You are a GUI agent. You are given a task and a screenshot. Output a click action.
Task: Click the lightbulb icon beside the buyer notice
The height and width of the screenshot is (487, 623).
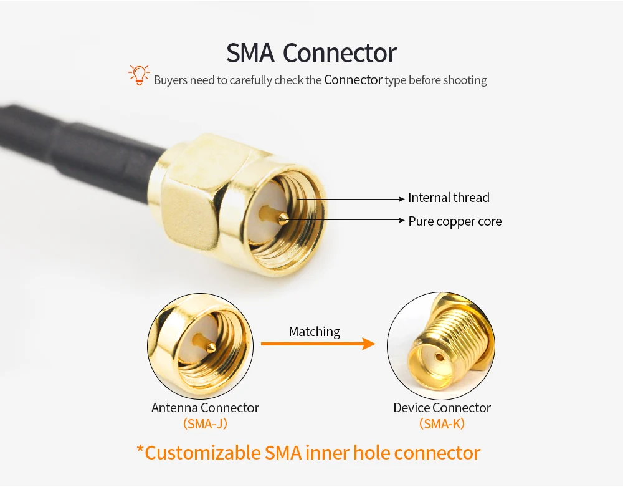(139, 75)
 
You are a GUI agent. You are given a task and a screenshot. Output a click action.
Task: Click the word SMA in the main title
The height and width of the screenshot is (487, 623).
(250, 53)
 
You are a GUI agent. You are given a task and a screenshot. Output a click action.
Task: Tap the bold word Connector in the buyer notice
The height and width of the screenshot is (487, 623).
(353, 80)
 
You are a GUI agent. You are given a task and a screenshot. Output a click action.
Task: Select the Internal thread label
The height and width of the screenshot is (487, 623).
(449, 198)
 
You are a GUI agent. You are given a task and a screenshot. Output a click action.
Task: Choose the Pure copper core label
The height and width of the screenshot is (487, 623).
(455, 221)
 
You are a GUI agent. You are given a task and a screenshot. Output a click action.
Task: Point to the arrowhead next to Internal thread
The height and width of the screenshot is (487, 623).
(401, 199)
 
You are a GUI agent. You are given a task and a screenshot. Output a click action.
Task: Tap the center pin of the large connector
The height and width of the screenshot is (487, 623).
(282, 217)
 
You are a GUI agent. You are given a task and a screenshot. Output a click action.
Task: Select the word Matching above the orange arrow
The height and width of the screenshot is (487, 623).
(315, 332)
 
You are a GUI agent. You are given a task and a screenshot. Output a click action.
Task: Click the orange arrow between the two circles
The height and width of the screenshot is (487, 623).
(318, 343)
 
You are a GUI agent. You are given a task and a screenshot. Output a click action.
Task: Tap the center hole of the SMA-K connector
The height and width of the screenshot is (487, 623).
(438, 359)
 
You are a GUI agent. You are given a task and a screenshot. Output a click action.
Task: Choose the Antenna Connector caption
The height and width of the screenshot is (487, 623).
(205, 408)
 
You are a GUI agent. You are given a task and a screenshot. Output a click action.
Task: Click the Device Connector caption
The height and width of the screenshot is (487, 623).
(442, 408)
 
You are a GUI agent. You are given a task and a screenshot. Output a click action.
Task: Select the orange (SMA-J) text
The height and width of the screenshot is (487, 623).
(205, 424)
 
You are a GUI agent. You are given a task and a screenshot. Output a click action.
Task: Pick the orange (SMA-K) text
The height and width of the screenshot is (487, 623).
(442, 424)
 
